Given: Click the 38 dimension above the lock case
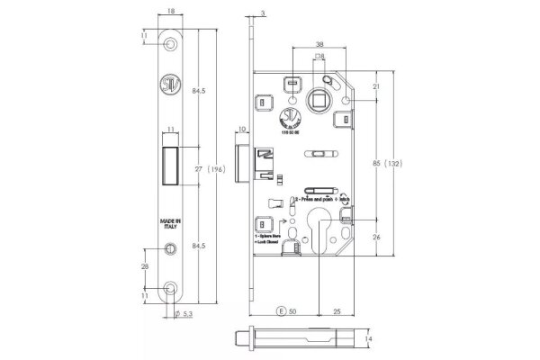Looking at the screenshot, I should tap(321, 43).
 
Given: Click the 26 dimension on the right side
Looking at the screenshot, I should tap(375, 237).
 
